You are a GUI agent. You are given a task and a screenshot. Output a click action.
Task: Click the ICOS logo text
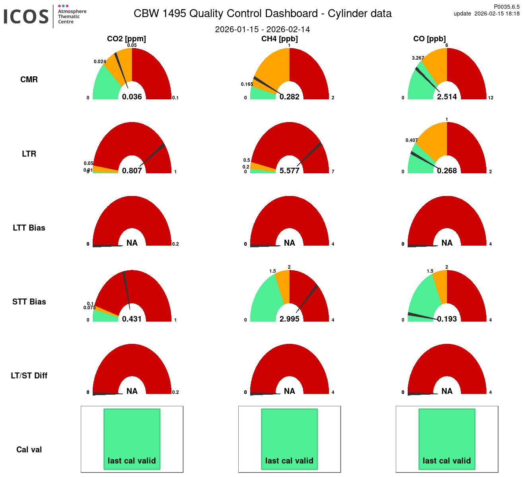pos(26,17)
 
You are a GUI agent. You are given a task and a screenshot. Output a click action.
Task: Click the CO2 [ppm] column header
pos(126,39)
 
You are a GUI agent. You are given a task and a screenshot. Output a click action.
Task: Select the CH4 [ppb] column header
pos(279,39)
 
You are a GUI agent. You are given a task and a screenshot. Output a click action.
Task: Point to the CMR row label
pos(29,79)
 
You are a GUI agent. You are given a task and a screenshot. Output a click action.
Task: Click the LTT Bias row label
pos(29,228)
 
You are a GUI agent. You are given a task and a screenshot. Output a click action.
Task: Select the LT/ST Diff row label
pos(29,376)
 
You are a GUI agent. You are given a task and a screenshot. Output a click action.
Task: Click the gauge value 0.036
pos(132,97)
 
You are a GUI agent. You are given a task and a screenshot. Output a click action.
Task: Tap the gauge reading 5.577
pos(290,171)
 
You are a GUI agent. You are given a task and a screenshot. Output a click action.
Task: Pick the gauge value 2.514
pos(447,97)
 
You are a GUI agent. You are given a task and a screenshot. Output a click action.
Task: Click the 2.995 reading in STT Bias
pos(290,319)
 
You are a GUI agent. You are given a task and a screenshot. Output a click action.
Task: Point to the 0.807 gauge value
pos(132,171)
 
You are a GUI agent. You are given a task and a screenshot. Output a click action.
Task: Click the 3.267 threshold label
pos(418,58)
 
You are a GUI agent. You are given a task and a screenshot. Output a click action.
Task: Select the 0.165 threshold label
pos(247,84)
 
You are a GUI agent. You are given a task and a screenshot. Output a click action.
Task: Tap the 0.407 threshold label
pos(412,140)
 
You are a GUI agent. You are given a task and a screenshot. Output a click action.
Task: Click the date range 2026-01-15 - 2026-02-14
pos(262,29)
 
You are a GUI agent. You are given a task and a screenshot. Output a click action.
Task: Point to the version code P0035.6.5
pos(507,7)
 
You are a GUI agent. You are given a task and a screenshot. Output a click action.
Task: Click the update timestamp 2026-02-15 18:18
pos(497,14)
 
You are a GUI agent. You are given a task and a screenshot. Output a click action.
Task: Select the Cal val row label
pos(29,450)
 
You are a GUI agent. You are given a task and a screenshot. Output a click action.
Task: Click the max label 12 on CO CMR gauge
pos(491,98)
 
